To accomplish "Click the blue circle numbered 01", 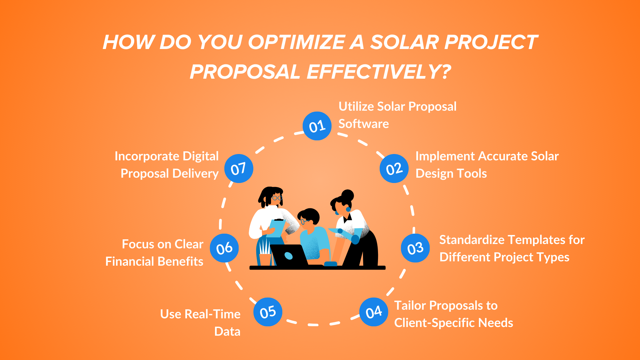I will (317, 126).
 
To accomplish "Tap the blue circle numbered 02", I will (394, 169).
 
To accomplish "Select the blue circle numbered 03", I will (415, 248).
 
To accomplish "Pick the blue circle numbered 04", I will (374, 312).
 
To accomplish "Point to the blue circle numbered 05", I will (268, 312).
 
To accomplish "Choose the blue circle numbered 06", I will (224, 248).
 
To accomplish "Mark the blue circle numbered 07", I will (238, 169).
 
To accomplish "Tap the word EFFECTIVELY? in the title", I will (379, 72).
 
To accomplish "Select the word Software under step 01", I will (364, 124).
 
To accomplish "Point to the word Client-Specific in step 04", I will (436, 323).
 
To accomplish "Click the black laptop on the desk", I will (288, 256).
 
